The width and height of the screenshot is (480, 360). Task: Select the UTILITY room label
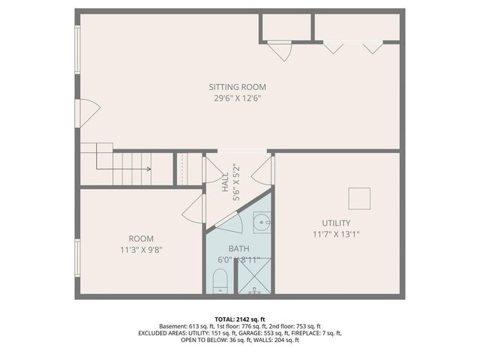[x=336, y=223]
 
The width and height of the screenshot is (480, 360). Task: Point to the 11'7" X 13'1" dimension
[x=336, y=234]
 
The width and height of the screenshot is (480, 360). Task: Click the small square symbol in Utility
[x=360, y=198]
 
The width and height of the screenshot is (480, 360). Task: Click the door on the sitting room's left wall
[x=88, y=113]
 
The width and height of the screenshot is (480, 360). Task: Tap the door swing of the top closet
[x=281, y=50]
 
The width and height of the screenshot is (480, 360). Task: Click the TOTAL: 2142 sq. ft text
[x=239, y=319]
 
